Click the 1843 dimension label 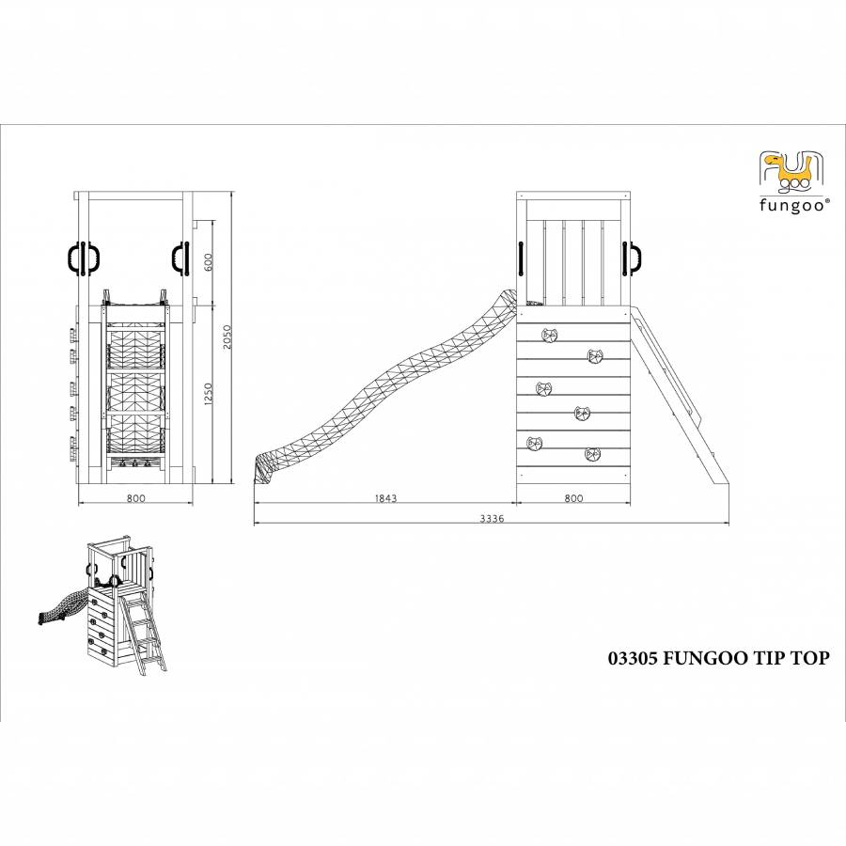coord(385,498)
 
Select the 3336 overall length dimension coord(492,519)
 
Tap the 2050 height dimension coord(227,337)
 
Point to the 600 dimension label coord(209,262)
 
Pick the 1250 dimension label coord(209,394)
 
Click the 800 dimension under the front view coord(136,498)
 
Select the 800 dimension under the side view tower coord(573,498)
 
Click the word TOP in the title coord(810,658)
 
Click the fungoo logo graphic coord(791,172)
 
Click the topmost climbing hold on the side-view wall coord(550,336)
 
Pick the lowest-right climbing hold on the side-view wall coord(592,454)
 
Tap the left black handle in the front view coord(77,259)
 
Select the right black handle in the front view coord(180,259)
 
